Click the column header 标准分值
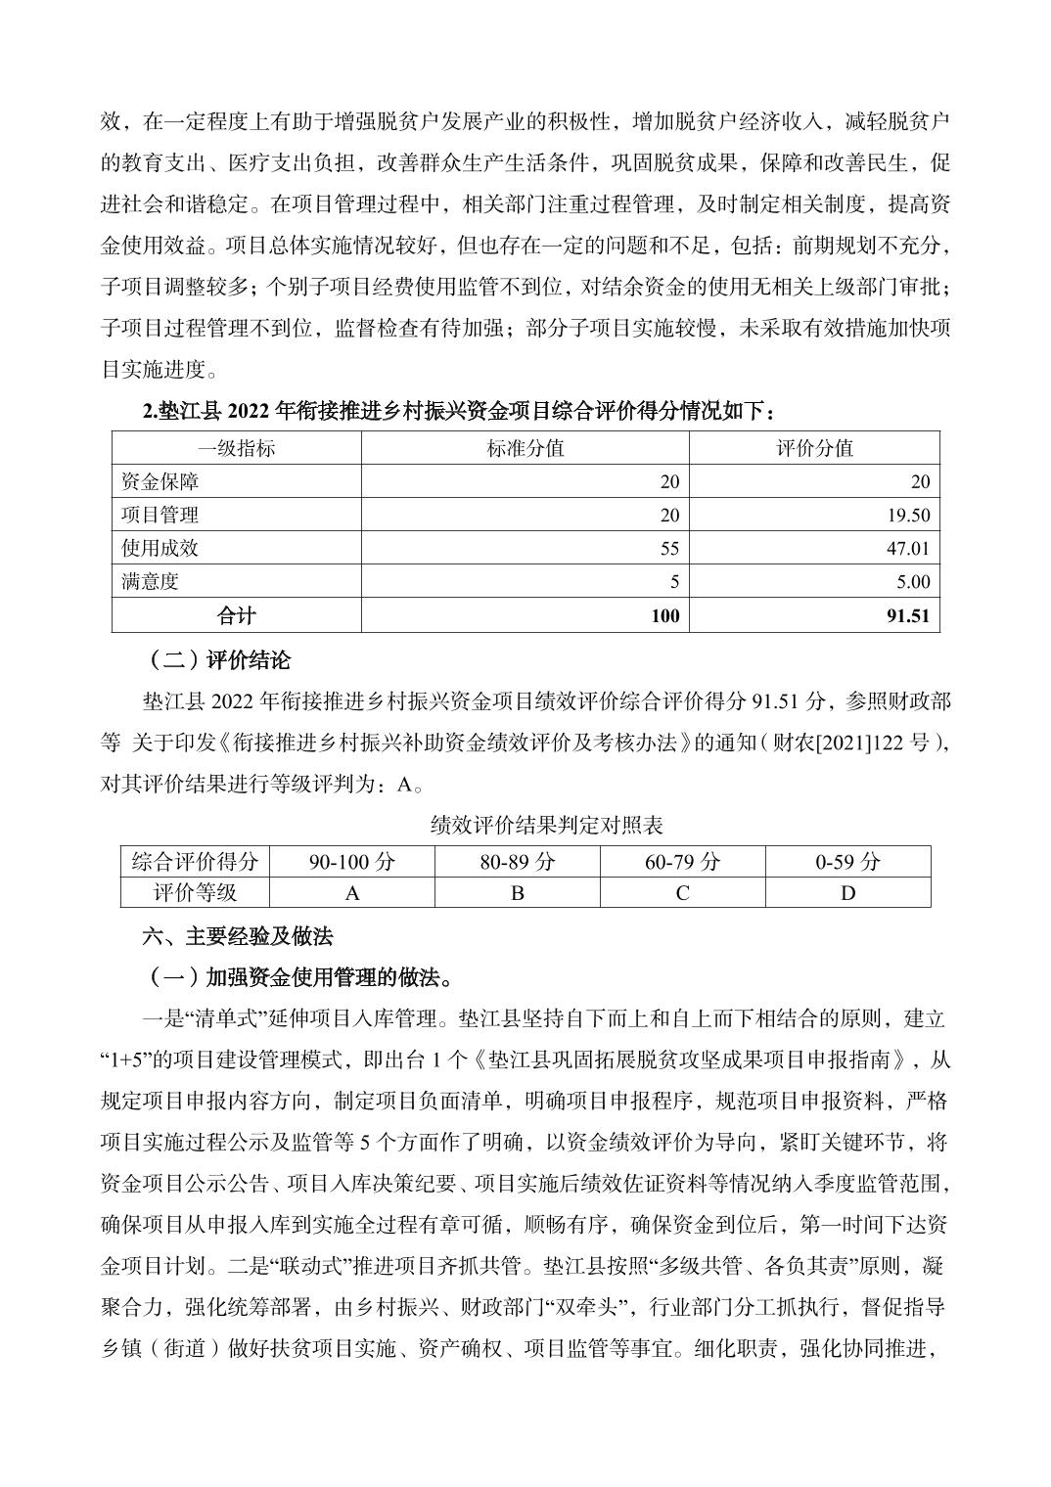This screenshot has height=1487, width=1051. click(x=525, y=448)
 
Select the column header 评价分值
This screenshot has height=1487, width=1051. click(x=814, y=448)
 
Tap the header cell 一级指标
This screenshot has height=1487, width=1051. click(x=236, y=448)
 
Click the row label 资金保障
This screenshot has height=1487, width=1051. click(x=160, y=481)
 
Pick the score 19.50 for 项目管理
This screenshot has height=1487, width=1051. click(x=907, y=516)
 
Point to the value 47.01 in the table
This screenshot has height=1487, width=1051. click(x=907, y=549)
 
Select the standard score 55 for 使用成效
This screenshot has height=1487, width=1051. click(x=669, y=549)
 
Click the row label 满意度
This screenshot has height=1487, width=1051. click(x=151, y=582)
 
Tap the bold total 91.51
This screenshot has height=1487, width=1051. click(x=908, y=616)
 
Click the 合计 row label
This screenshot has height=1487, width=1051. click(x=236, y=616)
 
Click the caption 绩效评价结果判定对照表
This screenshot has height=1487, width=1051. click(x=547, y=826)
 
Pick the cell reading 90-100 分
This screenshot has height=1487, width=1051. click(x=352, y=862)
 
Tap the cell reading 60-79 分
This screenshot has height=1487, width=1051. click(x=682, y=862)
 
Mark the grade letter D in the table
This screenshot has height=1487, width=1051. click(x=848, y=892)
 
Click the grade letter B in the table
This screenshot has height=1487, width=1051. click(x=518, y=892)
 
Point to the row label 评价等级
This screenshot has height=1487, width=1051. click(x=195, y=892)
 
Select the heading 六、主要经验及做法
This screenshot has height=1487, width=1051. click(x=238, y=936)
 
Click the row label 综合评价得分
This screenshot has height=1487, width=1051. click(x=195, y=862)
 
